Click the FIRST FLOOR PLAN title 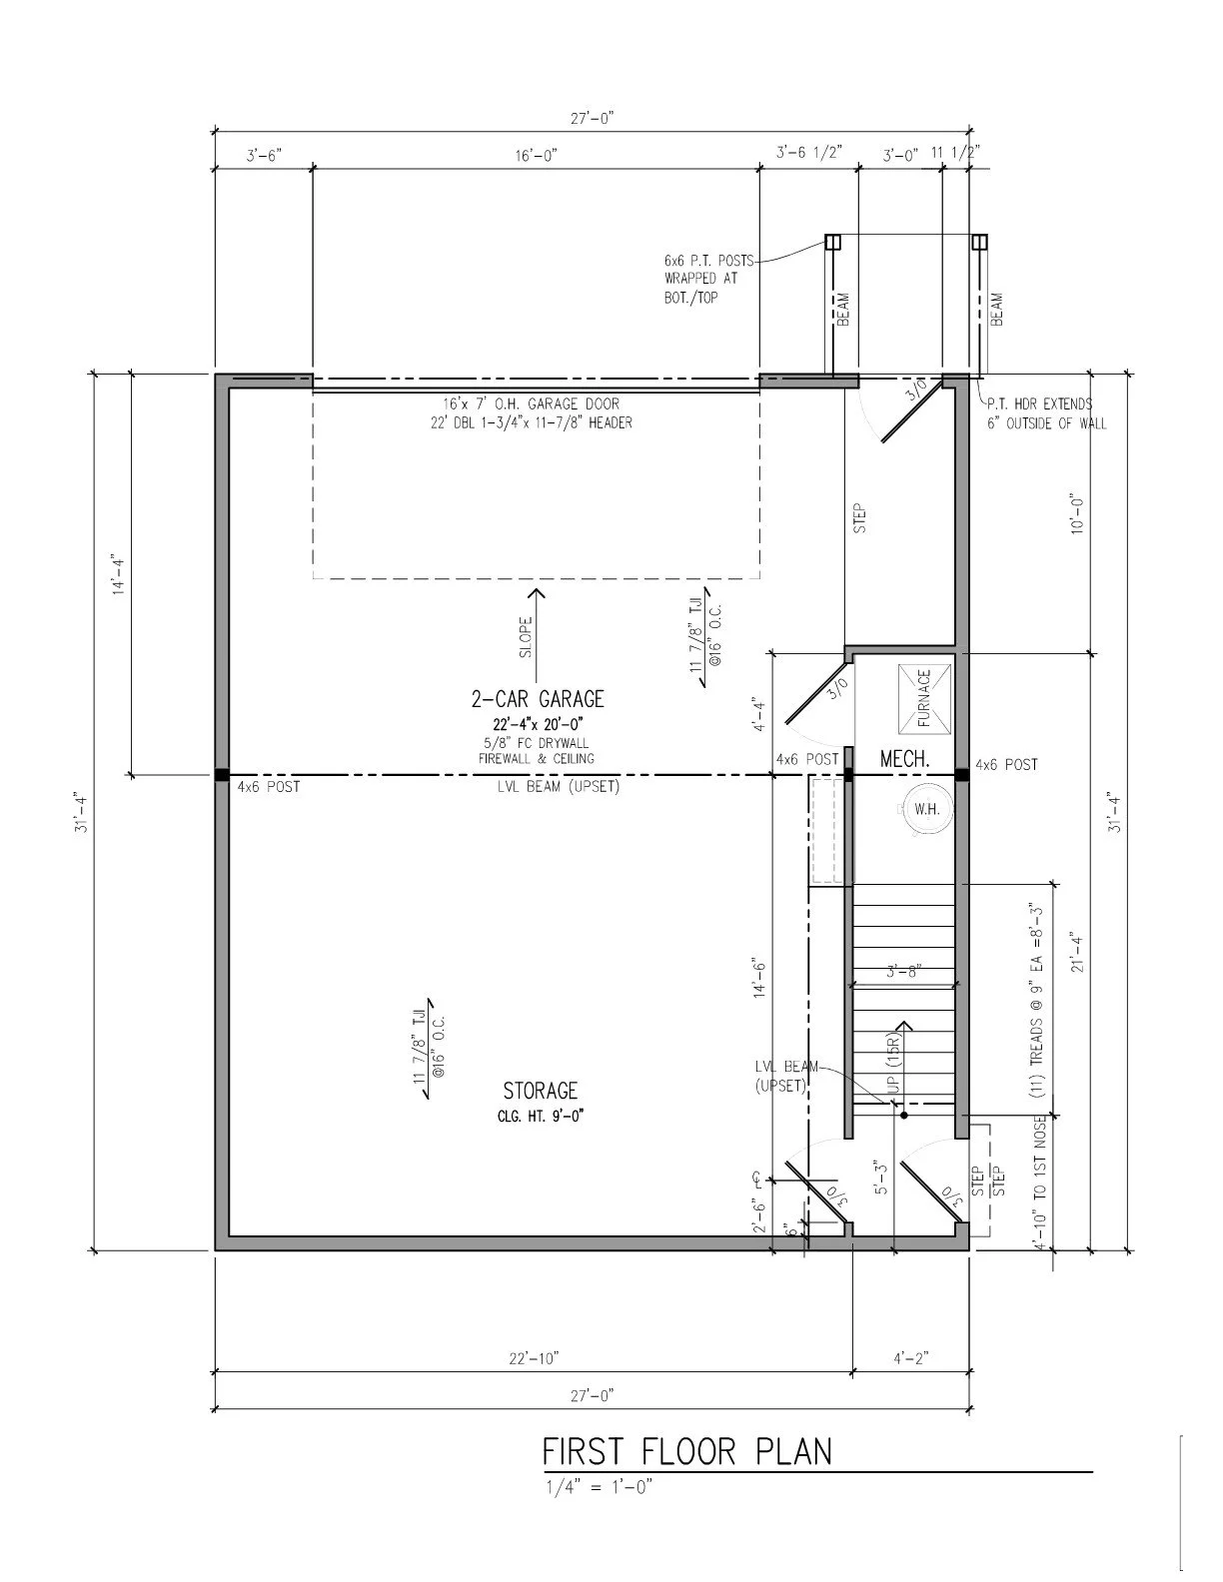[686, 1450]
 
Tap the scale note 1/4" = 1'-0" [598, 1486]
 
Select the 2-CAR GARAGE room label [538, 698]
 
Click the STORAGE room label [540, 1090]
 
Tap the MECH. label [904, 760]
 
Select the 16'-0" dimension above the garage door [536, 155]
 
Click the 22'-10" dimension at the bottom [534, 1358]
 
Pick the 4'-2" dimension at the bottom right [910, 1358]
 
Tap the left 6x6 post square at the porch [832, 242]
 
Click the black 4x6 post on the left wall [222, 774]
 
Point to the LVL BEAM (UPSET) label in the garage [559, 787]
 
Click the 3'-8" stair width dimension [903, 970]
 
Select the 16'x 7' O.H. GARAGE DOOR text [532, 404]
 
